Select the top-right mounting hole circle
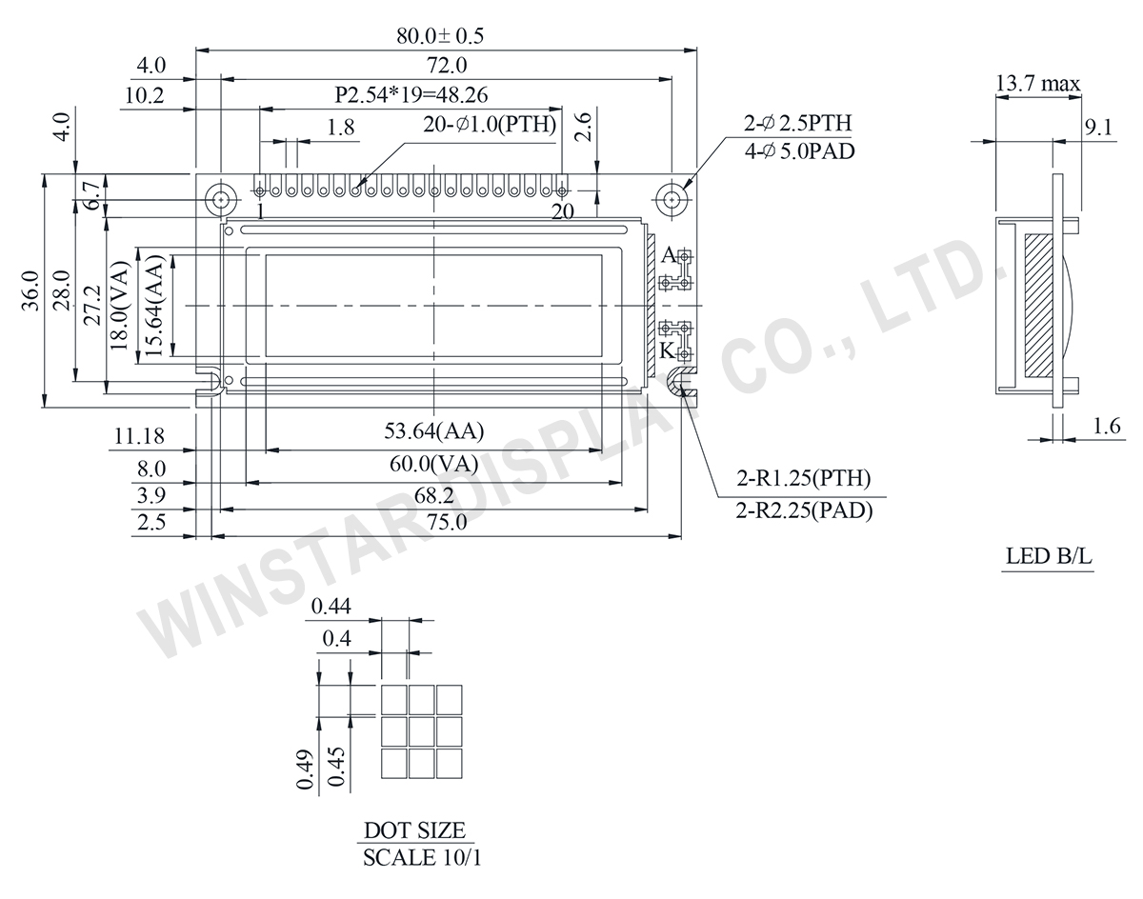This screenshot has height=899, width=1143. (672, 199)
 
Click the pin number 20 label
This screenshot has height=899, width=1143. (563, 212)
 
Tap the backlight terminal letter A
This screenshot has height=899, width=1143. (668, 255)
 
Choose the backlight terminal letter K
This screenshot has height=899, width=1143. (668, 350)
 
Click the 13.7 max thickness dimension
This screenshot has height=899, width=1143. (1037, 84)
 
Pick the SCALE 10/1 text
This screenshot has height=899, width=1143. (423, 857)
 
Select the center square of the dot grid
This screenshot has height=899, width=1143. (422, 731)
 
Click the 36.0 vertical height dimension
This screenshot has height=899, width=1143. (30, 290)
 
